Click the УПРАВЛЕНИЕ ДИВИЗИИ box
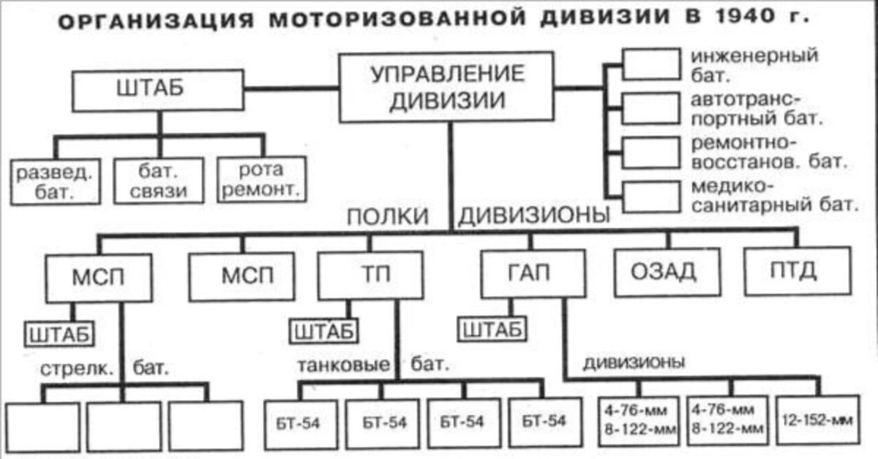[x=446, y=87]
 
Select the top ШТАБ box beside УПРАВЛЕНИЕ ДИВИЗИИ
[x=157, y=90]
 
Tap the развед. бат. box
[x=56, y=182]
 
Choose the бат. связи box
[x=159, y=181]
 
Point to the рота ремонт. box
[x=262, y=179]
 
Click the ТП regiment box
[x=370, y=276]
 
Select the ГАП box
[x=533, y=274]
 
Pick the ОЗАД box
[x=667, y=272]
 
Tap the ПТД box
[x=798, y=270]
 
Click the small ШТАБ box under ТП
[x=323, y=331]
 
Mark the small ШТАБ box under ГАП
[x=492, y=329]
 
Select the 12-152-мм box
[x=818, y=420]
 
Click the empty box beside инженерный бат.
[x=651, y=64]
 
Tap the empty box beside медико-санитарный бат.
[x=651, y=197]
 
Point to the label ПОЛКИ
[x=388, y=216]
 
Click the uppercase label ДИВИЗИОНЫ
[x=534, y=215]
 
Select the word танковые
[x=344, y=365]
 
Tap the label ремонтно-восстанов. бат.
[x=769, y=152]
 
